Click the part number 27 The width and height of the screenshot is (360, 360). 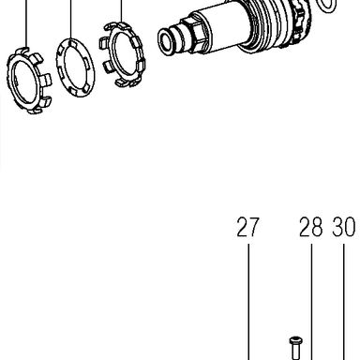[x=248, y=227]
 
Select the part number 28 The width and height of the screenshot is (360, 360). [x=311, y=227]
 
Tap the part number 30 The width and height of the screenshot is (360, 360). [x=344, y=227]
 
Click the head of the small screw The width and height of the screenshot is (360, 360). [x=295, y=340]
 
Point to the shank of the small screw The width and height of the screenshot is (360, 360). [x=295, y=352]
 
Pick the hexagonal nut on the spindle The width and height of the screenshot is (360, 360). [x=192, y=33]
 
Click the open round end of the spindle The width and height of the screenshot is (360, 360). [x=166, y=40]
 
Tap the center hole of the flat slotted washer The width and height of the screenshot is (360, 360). [x=75, y=67]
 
